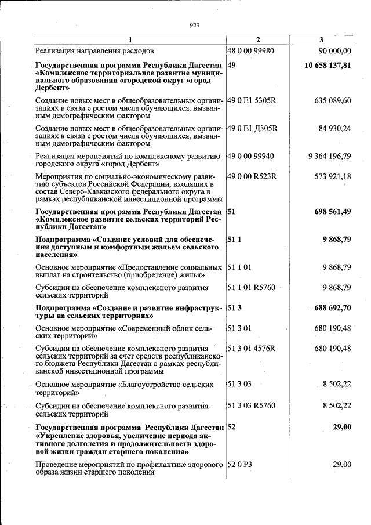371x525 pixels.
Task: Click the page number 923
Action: pyautogui.click(x=194, y=25)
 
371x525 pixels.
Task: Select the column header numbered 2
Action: pyautogui.click(x=258, y=40)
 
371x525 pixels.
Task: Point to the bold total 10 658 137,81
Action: pyautogui.click(x=328, y=65)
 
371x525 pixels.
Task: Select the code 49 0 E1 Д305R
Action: pyautogui.click(x=252, y=128)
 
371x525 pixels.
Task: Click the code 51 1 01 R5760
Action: pyautogui.click(x=251, y=287)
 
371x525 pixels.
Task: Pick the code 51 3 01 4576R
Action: pyautogui.click(x=251, y=348)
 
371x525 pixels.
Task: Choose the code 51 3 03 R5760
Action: pyautogui.click(x=251, y=406)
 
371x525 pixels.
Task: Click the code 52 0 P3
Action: pyautogui.click(x=239, y=464)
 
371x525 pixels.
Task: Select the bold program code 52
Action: pyautogui.click(x=231, y=427)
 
